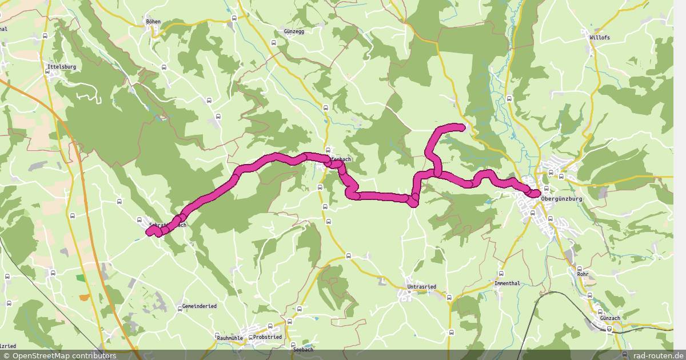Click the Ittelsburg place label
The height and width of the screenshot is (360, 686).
(62, 67)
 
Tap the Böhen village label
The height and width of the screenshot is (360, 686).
(153, 22)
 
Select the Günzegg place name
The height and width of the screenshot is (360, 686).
(294, 31)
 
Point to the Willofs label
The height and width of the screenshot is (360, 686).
(599, 38)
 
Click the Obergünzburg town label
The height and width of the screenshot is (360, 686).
(561, 198)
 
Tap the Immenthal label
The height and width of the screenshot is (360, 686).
(508, 283)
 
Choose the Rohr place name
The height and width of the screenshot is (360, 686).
(583, 274)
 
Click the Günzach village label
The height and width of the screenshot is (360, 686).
(609, 318)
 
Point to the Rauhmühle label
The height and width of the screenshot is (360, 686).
(230, 338)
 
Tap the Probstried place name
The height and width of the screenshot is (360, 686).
(267, 337)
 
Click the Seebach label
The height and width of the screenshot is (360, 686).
(302, 349)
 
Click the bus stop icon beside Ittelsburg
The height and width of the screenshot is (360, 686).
(45, 36)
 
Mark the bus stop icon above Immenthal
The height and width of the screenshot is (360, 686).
(501, 273)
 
